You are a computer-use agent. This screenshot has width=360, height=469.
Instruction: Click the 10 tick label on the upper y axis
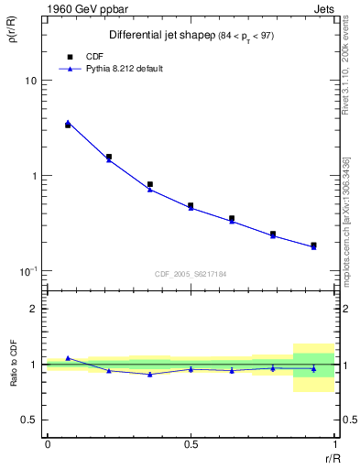tap(30, 81)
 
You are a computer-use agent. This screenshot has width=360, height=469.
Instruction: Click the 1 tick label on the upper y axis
tap(34, 176)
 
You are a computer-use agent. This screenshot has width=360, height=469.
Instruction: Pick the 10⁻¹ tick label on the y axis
tap(28, 270)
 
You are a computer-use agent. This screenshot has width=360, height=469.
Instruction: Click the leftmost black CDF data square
tap(68, 125)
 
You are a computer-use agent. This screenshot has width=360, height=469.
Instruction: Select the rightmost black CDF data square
tap(313, 245)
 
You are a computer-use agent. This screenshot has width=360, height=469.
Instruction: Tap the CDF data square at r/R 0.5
tap(191, 206)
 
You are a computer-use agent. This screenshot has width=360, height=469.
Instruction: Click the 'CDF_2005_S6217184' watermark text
tap(190, 273)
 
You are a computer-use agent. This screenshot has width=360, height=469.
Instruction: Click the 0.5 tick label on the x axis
tap(191, 444)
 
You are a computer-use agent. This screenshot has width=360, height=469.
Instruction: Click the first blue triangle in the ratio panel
tap(68, 358)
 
